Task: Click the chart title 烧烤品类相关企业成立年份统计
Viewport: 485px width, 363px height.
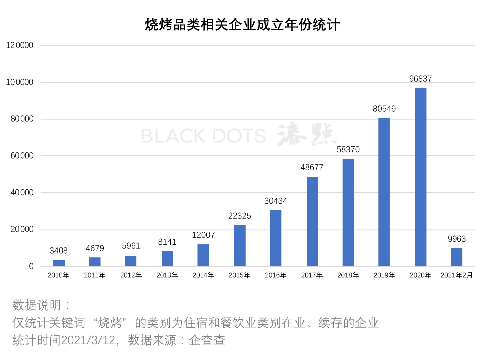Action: point(242,25)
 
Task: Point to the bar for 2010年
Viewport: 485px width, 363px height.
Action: point(59,263)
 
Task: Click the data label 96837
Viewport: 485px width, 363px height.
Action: point(421,79)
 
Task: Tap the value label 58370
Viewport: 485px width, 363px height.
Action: point(348,149)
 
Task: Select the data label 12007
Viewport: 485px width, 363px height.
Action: point(203,235)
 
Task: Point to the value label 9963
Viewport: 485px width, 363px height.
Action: point(457,239)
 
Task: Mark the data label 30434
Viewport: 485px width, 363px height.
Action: point(276,201)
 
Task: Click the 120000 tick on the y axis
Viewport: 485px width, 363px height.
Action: point(20,45)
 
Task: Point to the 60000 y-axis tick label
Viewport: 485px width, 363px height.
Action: point(22,155)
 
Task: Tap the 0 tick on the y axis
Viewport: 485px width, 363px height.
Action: point(31,266)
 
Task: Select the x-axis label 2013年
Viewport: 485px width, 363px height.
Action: point(167,275)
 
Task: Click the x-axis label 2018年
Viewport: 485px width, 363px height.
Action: point(348,275)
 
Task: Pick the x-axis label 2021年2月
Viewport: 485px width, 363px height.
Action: point(457,275)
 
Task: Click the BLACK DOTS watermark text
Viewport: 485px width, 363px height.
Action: point(203,136)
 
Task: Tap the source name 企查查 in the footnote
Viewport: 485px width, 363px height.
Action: point(207,340)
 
